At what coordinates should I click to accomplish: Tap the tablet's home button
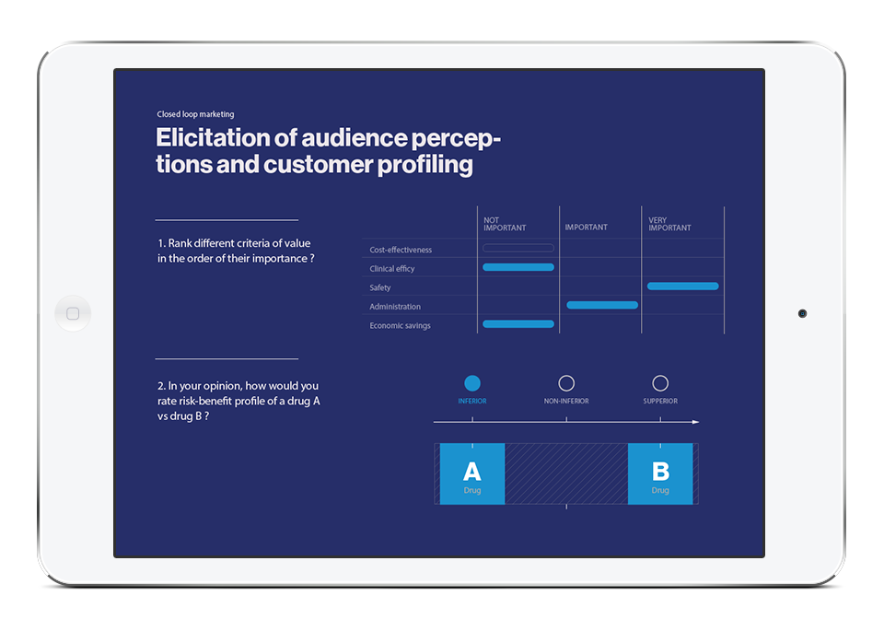[x=73, y=313]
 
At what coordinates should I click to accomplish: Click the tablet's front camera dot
[x=802, y=313]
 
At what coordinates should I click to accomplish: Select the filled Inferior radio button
[x=471, y=383]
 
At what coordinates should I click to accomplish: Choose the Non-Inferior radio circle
[x=566, y=383]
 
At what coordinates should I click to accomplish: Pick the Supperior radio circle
[x=660, y=383]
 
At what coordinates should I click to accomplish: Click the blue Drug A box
[x=471, y=473]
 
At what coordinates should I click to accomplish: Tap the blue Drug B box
[x=660, y=473]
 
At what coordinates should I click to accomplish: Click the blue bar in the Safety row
[x=682, y=286]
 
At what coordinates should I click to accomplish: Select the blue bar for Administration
[x=602, y=305]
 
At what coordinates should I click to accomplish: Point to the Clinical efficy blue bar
[x=518, y=267]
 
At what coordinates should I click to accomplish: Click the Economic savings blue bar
[x=518, y=323]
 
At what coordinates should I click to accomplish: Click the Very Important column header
[x=669, y=224]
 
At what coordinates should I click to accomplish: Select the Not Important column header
[x=505, y=224]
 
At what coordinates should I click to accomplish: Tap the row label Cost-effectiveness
[x=401, y=250]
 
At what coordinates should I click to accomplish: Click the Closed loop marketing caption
[x=195, y=114]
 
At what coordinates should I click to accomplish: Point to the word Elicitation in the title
[x=227, y=137]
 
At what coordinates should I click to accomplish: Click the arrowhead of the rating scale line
[x=696, y=422]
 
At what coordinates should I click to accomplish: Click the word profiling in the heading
[x=425, y=165]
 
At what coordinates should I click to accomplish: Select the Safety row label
[x=380, y=287]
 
